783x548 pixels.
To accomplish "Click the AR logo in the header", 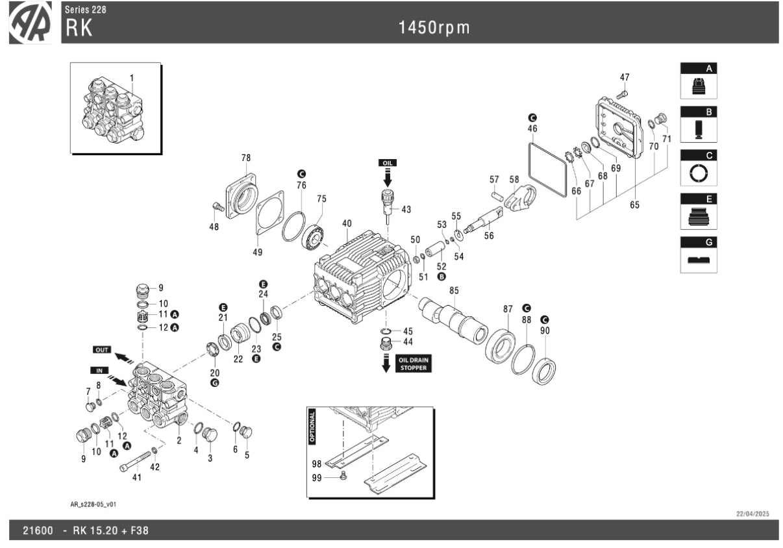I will click(x=31, y=23).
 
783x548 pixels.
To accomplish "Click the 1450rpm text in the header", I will click(x=434, y=27).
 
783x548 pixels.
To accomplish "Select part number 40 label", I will click(x=347, y=223).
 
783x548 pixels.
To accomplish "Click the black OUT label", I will click(x=103, y=350).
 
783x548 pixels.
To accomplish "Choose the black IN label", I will click(x=100, y=369).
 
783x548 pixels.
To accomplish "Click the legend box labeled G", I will click(x=699, y=255).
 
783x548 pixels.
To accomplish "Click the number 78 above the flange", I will click(x=245, y=158).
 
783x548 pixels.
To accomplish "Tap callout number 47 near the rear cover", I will click(x=625, y=77).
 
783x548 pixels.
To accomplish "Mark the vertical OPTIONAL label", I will click(x=312, y=426).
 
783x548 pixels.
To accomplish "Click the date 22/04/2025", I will click(x=752, y=514).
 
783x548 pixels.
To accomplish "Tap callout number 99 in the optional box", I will click(x=317, y=477).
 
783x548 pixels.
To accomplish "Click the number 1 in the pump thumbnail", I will click(x=131, y=78).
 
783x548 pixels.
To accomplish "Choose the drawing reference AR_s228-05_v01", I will click(x=93, y=504).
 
